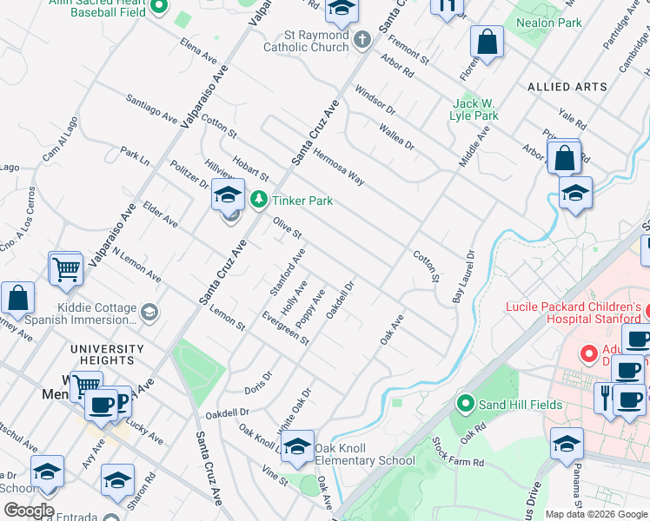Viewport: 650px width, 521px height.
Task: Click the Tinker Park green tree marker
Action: click(x=258, y=201)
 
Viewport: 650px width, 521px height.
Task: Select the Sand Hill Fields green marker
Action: click(x=467, y=405)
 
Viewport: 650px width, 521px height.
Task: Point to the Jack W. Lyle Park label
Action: click(x=474, y=109)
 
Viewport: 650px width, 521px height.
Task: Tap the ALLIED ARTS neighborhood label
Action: click(x=567, y=87)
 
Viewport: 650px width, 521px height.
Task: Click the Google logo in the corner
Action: click(x=28, y=511)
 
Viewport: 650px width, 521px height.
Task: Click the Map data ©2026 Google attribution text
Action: click(x=597, y=514)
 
